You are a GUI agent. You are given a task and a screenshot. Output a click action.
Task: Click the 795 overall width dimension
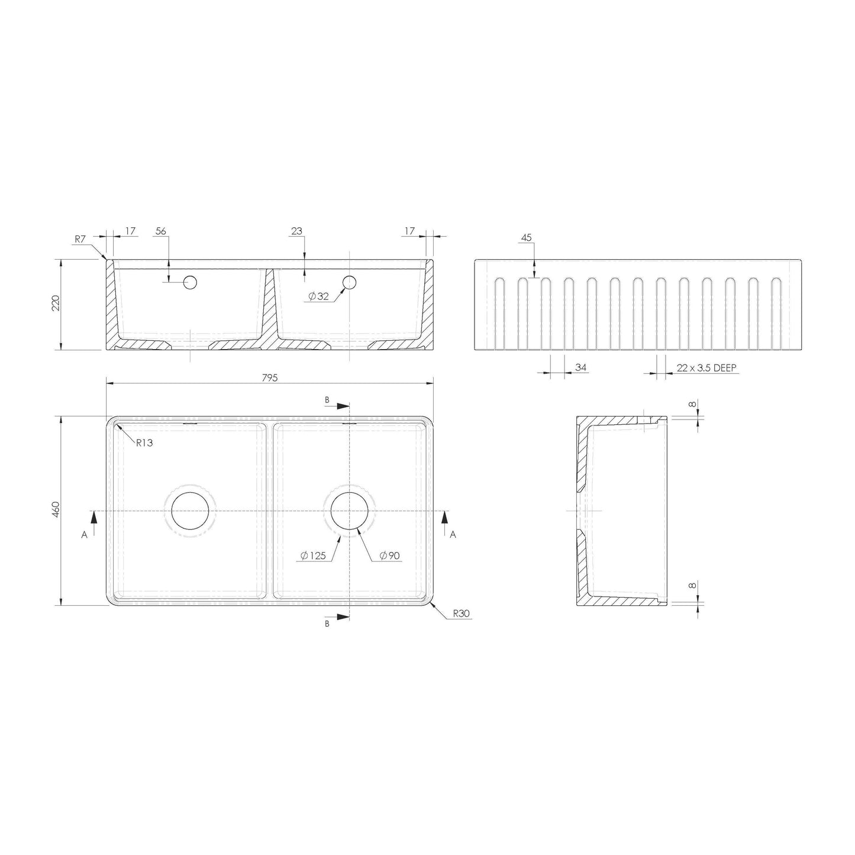point(270,378)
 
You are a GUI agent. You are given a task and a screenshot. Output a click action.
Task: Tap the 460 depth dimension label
point(56,510)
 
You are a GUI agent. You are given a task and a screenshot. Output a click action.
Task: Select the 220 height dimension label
point(56,303)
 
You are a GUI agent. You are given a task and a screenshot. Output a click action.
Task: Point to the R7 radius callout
point(80,239)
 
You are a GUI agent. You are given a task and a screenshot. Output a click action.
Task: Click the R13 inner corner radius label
point(144,443)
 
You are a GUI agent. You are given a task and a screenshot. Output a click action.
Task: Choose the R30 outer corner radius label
point(462,614)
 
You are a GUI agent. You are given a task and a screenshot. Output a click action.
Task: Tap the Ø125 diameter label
point(313,555)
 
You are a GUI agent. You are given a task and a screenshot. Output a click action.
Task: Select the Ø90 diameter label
point(389,555)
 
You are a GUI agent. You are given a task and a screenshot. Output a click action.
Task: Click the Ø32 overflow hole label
point(318,296)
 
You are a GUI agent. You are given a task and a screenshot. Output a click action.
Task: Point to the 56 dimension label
point(160,231)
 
